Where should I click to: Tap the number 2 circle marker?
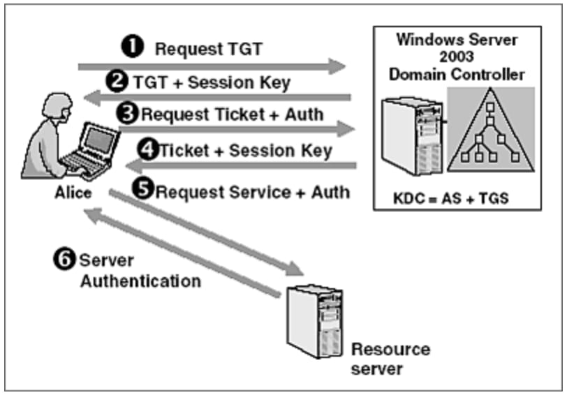(x=120, y=82)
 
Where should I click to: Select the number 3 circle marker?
(x=128, y=114)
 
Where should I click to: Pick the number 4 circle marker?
(x=149, y=150)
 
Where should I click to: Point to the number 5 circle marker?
(x=143, y=190)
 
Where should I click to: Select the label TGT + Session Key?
(x=209, y=82)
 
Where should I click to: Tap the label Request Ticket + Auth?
(x=231, y=114)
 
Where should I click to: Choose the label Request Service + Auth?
(x=252, y=191)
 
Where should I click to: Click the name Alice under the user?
(x=73, y=192)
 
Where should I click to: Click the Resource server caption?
(x=390, y=358)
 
